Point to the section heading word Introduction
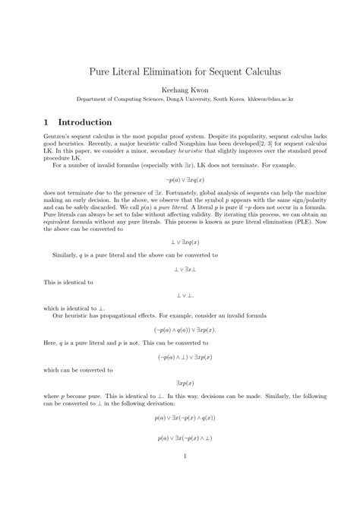click(80, 122)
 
